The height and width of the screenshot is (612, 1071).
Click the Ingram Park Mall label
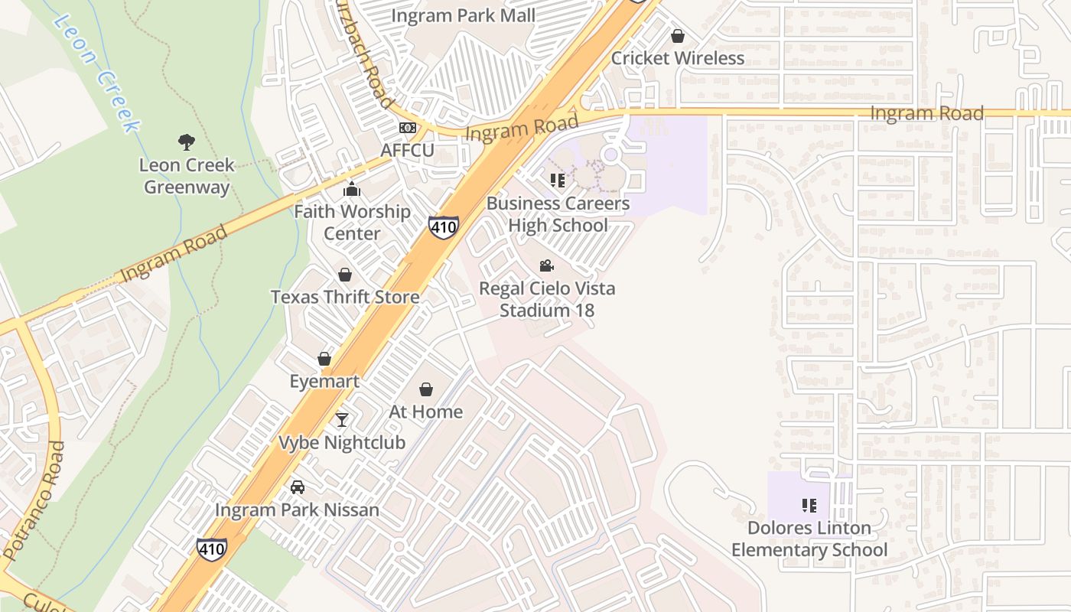point(464,15)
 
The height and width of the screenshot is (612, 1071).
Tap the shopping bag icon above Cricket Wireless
point(678,36)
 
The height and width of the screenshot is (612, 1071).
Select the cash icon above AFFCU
point(408,128)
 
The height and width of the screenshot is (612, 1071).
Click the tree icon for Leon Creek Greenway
point(186,142)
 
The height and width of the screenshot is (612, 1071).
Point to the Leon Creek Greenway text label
point(187,176)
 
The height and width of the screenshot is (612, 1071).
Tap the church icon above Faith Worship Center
point(352,189)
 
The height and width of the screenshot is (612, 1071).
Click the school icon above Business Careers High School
point(558,181)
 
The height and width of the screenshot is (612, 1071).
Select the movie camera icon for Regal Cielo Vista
point(546,265)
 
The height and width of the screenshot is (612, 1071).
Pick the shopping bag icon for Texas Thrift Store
point(345,275)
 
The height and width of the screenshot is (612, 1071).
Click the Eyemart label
point(324,381)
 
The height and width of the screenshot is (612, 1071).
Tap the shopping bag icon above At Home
point(426,389)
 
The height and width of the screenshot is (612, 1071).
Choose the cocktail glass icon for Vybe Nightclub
point(342,420)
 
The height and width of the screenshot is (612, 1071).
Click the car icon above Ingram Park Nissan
point(298,487)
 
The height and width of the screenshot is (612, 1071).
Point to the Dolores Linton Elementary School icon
point(809,506)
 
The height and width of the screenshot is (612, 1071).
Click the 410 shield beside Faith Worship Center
point(444,226)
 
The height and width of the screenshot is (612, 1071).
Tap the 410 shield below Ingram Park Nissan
point(211,549)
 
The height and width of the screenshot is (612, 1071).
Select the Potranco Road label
point(35,501)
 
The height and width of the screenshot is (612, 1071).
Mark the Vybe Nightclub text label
point(342,442)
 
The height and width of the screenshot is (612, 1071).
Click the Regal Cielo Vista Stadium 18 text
point(547,299)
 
